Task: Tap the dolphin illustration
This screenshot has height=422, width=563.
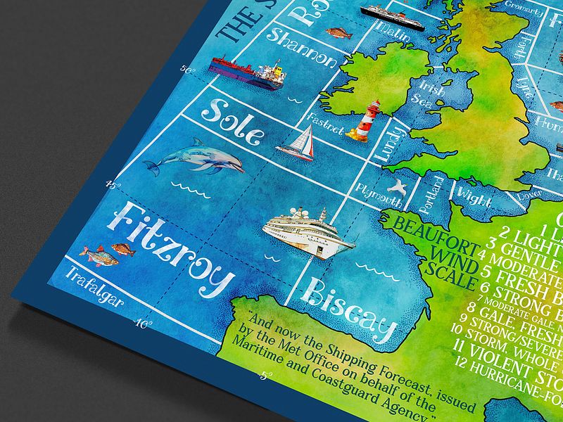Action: click(195, 158)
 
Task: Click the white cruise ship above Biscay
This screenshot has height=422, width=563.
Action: click(308, 233)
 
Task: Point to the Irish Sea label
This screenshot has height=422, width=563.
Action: click(431, 94)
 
